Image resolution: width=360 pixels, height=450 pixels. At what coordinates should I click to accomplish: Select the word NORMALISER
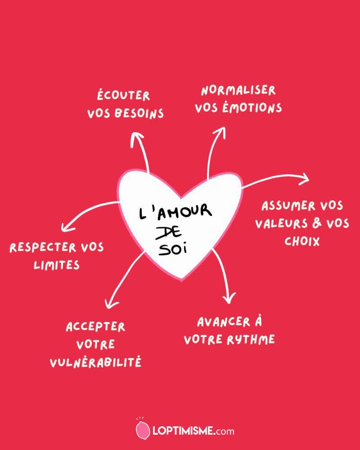pyautogui.click(x=238, y=91)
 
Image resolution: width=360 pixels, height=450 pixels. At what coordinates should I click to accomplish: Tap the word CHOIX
pyautogui.click(x=302, y=241)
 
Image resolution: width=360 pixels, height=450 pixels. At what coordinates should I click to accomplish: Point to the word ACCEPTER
pyautogui.click(x=95, y=327)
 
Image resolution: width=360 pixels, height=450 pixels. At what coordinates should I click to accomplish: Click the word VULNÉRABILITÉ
pyautogui.click(x=95, y=362)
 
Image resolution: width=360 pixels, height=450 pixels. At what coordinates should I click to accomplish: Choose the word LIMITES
pyautogui.click(x=57, y=265)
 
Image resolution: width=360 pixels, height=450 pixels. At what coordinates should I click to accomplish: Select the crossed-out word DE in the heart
pyautogui.click(x=168, y=232)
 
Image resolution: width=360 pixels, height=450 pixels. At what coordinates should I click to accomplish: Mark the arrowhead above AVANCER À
pyautogui.click(x=229, y=298)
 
